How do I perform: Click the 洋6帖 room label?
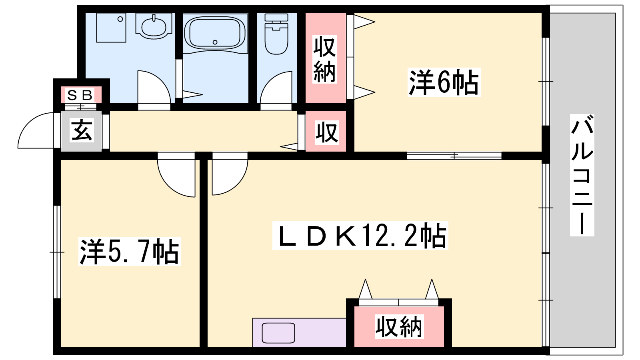pos(444,82)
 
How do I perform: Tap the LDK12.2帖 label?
pos(360,236)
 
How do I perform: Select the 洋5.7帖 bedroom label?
pos(130,252)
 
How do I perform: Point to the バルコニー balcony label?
pos(582,175)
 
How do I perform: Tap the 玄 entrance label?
pos(82,130)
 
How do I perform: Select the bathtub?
pos(215,33)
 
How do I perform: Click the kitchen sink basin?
pos(278,333)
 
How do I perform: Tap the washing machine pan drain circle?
pos(120,19)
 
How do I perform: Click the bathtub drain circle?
pos(215,42)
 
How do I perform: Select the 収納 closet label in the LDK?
pos(398,326)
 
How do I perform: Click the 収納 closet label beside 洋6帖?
pos(324,59)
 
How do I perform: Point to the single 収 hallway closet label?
pos(327,132)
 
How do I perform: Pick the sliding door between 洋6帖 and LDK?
pos(454,156)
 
